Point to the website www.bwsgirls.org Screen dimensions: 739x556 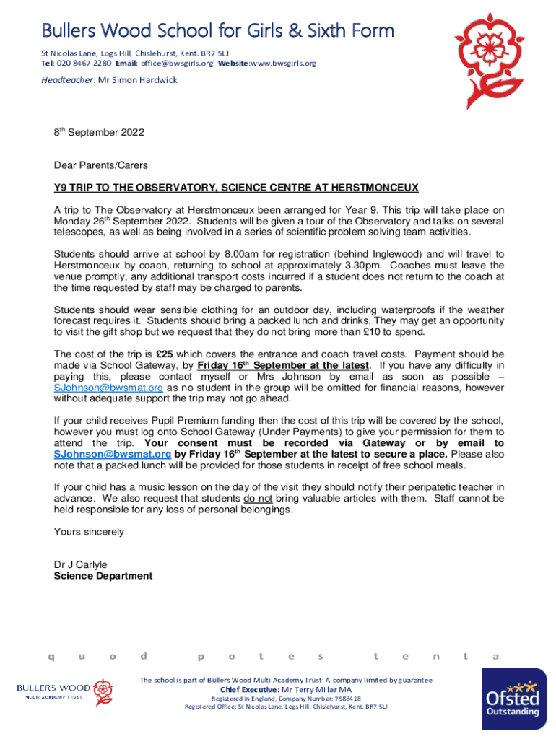pyautogui.click(x=283, y=64)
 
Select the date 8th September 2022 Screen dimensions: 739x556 pyautogui.click(x=99, y=133)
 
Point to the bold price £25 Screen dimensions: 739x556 pyautogui.click(x=165, y=354)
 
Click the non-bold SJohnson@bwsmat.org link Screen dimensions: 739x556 pyautogui.click(x=109, y=388)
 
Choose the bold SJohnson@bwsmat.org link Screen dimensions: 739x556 pyautogui.click(x=113, y=455)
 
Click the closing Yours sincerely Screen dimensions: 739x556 pyautogui.click(x=89, y=532)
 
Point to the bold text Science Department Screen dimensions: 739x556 pyautogui.click(x=103, y=576)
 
